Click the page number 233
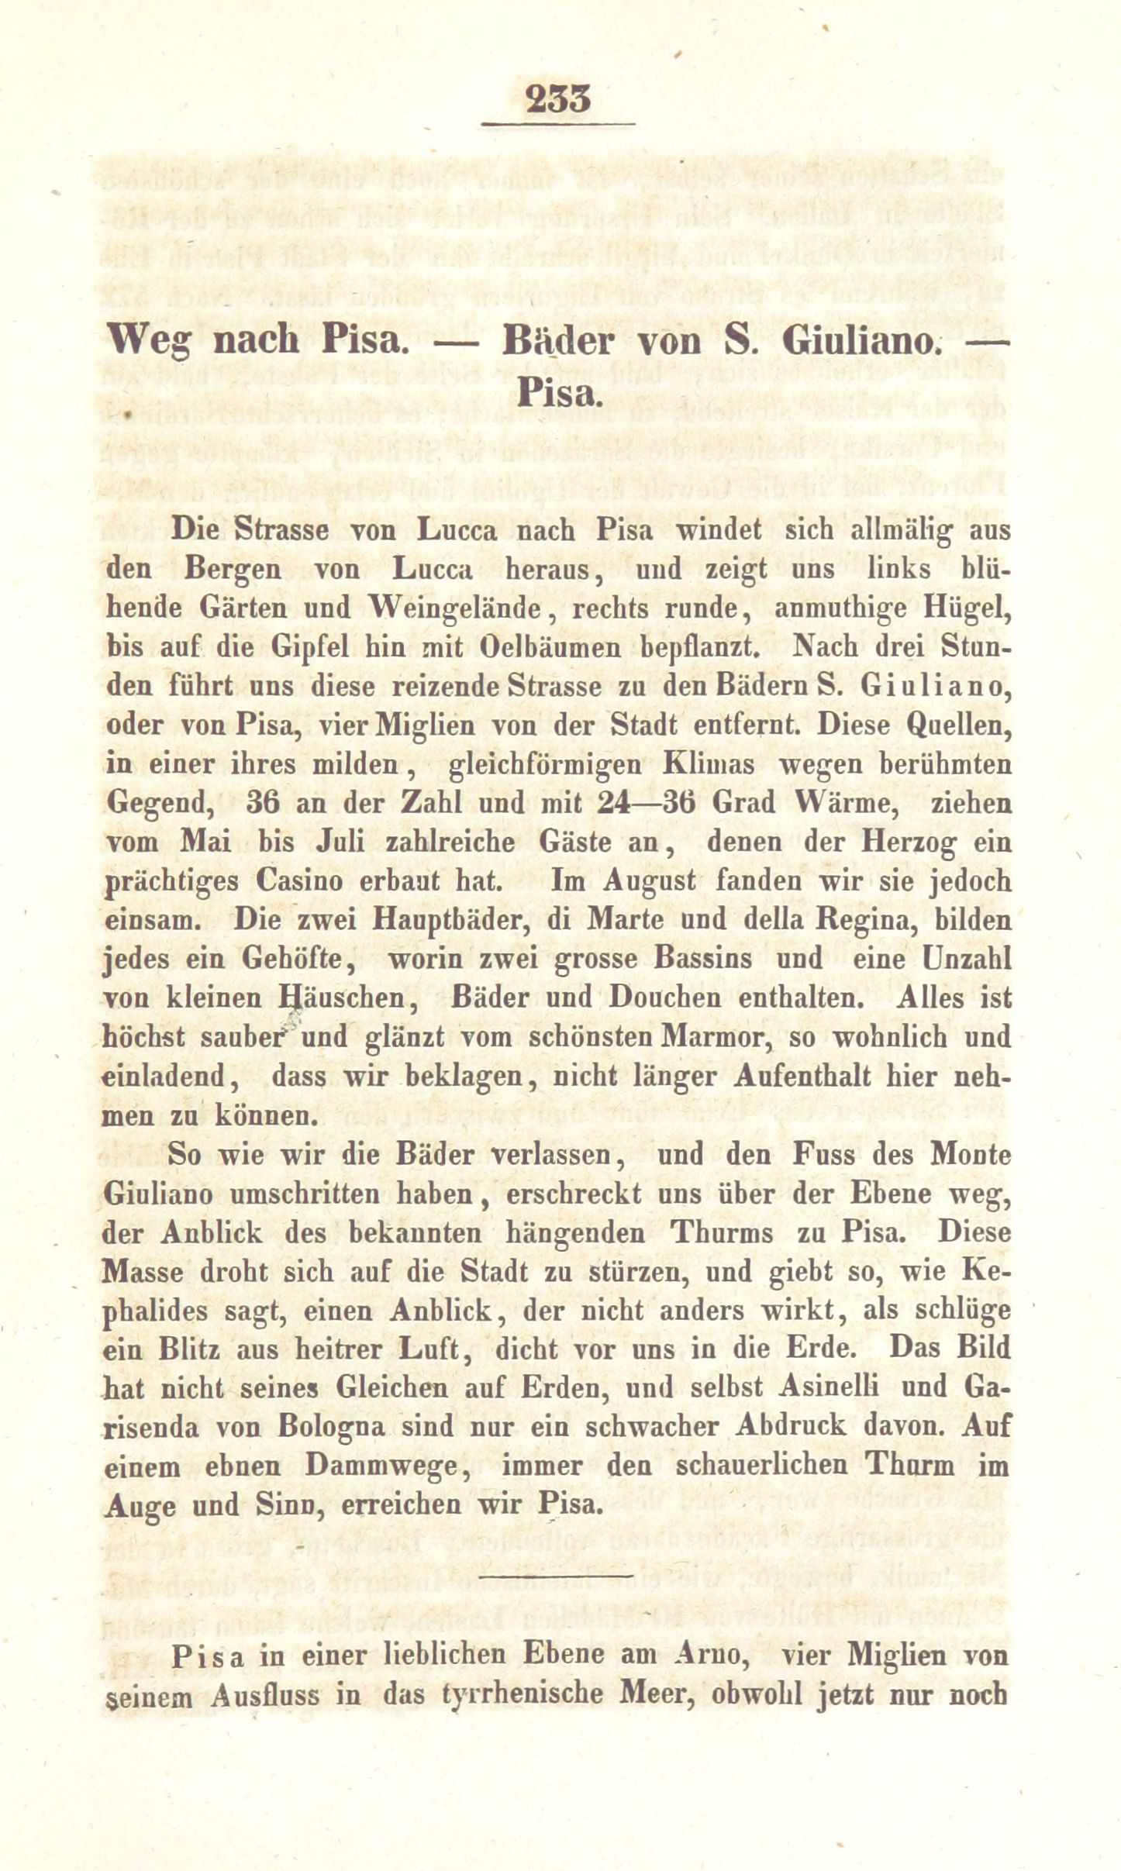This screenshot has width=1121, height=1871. (558, 98)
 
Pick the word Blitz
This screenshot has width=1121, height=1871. (184, 1349)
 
